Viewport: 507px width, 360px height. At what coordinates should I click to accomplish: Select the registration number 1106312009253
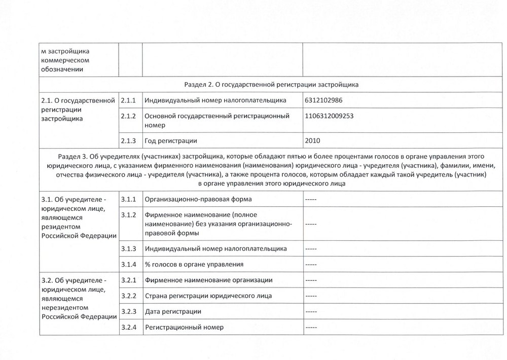330,116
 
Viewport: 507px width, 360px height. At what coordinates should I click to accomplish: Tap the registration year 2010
313,140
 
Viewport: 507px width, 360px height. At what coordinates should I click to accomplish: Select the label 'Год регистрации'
170,140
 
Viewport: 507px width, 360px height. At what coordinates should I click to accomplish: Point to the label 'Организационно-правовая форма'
198,199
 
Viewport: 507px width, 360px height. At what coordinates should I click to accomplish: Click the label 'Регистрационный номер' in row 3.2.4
185,327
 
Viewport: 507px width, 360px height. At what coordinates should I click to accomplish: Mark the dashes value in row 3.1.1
311,199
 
